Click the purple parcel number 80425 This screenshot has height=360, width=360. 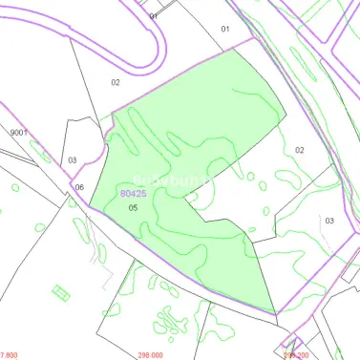tap(133, 193)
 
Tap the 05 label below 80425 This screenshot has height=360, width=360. tap(134, 207)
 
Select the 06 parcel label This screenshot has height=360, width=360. tap(79, 187)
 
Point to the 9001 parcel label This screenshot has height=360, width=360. tap(19, 133)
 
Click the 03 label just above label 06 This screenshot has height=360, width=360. tap(73, 160)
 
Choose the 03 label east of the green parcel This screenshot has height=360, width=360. tap(329, 221)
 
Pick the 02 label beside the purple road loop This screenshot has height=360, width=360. tap(116, 82)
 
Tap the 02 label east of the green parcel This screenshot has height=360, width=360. tap(299, 150)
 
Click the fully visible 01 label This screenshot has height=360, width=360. tap(225, 29)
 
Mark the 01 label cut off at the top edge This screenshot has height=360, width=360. tap(154, 15)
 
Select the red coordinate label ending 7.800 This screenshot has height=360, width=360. tap(9, 354)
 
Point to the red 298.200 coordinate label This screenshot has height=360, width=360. tap(296, 354)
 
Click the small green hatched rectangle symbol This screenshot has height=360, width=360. tap(61, 292)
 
